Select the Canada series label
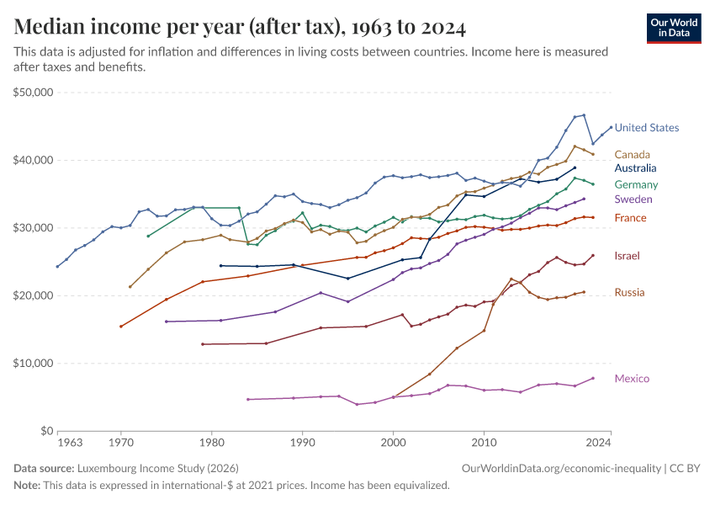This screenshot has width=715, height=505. click(x=633, y=154)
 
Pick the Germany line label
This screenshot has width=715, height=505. click(x=636, y=184)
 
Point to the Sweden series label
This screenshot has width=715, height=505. click(x=633, y=199)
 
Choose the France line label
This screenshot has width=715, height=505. click(x=630, y=218)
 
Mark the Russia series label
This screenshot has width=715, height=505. click(x=630, y=293)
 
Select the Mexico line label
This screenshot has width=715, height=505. click(x=632, y=379)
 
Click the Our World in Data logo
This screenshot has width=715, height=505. click(x=673, y=28)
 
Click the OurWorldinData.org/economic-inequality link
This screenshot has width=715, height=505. click(x=560, y=466)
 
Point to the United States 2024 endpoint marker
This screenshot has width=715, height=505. click(x=611, y=127)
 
